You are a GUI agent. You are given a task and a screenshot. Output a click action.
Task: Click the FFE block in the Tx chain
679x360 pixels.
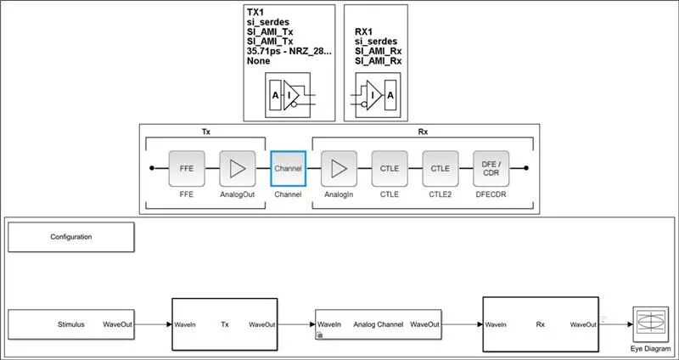coord(186,168)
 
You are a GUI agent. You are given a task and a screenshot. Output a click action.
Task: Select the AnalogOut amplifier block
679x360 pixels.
coord(237,168)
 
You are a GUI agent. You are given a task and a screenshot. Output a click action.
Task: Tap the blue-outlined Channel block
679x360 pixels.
coord(288,168)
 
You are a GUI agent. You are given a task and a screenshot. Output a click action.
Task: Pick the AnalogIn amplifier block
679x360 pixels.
coord(339,168)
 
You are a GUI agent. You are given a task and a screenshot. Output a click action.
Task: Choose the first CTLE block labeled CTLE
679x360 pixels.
coord(390,168)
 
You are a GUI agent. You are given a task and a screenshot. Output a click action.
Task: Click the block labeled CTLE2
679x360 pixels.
coord(440,168)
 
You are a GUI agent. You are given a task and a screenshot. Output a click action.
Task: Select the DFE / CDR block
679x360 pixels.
coord(491,168)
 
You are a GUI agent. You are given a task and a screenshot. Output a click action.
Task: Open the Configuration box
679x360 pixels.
coord(71,237)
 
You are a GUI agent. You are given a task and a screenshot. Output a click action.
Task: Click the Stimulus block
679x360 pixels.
coord(71,324)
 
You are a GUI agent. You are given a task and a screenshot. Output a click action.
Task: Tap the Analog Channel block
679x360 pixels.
coord(377,324)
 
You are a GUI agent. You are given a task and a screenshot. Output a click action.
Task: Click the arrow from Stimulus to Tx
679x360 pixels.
coord(153,324)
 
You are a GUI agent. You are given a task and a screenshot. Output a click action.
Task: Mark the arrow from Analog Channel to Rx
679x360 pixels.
coord(462,324)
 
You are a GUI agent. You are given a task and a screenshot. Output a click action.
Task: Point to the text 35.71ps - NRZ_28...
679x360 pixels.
coord(289,51)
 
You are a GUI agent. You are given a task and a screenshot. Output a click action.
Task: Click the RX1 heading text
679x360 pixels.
coord(366,31)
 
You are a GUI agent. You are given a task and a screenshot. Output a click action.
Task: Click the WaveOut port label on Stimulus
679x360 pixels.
coord(117,324)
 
